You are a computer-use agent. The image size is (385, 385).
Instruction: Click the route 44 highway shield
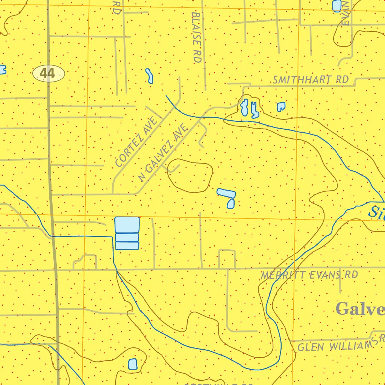coord(49,73)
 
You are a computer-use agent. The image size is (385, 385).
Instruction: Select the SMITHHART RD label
coord(311,80)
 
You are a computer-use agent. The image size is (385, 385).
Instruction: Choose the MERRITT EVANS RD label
coord(309,275)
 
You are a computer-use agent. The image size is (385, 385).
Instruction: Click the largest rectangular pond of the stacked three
coord(127,224)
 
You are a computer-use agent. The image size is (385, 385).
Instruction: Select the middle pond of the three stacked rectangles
coord(127,237)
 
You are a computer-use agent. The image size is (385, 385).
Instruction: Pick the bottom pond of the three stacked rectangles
coord(127,246)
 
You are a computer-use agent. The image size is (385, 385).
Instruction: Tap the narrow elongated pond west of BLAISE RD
coord(149,76)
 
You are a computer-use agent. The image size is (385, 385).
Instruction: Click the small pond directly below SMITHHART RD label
coord(281,107)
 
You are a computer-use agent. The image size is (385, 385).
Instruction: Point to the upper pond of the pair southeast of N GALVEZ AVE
coord(226,193)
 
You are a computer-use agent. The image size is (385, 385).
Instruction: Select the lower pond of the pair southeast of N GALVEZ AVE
coord(230,204)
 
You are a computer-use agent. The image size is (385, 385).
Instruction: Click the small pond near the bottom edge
coord(132,364)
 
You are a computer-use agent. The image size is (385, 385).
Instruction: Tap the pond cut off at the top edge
coord(337,5)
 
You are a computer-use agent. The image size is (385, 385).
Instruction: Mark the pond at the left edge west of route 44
coord(2,70)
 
